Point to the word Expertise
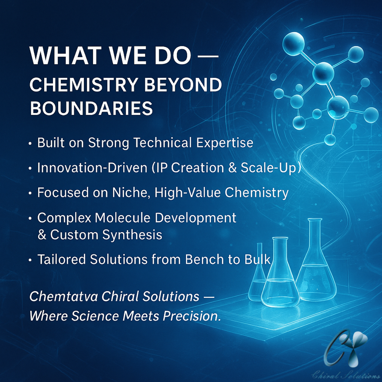coord(225,143)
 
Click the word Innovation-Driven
coord(92,167)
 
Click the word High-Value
coord(187,193)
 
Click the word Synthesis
coord(132,235)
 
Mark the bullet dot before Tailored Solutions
coord(30,260)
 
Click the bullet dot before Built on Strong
coord(30,144)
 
